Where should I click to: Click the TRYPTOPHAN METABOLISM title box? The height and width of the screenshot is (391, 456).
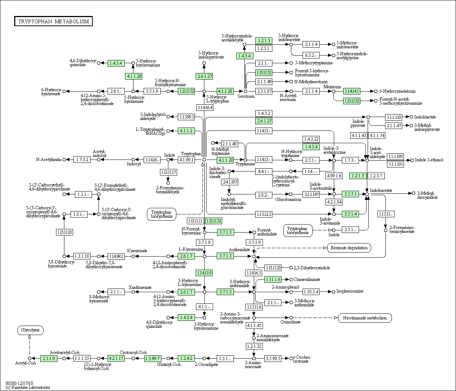click(53, 21)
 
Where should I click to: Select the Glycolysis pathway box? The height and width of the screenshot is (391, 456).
click(30, 330)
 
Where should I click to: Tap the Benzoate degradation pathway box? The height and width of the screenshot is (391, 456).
click(349, 248)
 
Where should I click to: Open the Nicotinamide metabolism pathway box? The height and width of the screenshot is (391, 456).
click(365, 318)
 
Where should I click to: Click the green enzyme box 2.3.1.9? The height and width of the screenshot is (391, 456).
click(49, 358)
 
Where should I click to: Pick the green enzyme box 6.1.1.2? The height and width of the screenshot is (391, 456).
click(186, 131)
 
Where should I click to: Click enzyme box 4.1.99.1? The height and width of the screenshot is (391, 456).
click(187, 160)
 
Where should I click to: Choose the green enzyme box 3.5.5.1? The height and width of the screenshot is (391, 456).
click(350, 194)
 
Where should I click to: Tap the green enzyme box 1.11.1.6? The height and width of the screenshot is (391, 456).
click(273, 279)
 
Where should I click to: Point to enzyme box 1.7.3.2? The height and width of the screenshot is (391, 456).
click(82, 160)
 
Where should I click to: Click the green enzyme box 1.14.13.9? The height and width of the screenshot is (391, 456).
click(204, 273)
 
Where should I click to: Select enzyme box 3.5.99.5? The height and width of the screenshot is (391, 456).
click(273, 358)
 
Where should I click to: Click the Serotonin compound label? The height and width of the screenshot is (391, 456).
click(246, 96)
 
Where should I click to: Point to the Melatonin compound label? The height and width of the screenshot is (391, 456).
click(332, 86)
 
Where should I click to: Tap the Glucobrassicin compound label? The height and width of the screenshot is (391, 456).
click(288, 199)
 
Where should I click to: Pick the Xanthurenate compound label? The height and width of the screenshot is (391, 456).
click(140, 287)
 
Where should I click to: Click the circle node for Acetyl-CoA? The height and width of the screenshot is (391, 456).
click(29, 358)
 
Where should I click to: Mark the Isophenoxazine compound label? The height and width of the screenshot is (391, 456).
click(350, 291)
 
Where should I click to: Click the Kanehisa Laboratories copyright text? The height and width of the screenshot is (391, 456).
click(28, 387)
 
